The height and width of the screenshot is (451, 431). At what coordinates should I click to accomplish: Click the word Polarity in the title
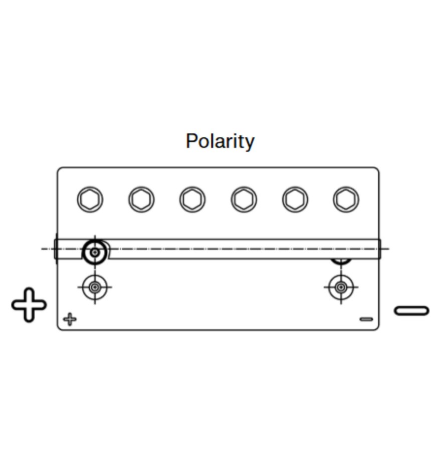click(x=220, y=141)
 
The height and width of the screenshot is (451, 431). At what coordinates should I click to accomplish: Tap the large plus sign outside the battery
click(x=29, y=305)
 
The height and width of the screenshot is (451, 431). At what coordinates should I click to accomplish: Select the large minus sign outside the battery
click(x=411, y=311)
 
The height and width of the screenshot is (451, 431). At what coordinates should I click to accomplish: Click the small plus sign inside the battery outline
click(x=70, y=319)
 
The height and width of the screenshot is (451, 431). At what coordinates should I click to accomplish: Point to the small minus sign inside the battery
click(x=366, y=319)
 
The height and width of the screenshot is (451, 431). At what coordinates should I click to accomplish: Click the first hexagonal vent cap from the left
click(x=90, y=199)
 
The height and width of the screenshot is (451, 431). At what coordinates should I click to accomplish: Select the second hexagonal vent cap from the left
click(x=141, y=199)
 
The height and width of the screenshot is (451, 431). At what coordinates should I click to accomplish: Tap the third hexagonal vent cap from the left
click(x=192, y=199)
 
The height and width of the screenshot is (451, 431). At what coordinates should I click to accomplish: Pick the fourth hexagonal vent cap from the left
click(x=244, y=199)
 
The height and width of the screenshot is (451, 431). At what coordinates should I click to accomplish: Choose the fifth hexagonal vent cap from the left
click(x=295, y=199)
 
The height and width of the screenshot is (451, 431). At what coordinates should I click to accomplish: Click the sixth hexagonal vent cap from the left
click(x=346, y=199)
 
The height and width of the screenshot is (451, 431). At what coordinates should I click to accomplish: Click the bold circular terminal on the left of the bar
click(x=94, y=252)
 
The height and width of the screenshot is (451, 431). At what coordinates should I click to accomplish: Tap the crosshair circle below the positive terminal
click(x=94, y=287)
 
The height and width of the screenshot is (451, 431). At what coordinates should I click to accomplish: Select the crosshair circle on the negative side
click(x=341, y=287)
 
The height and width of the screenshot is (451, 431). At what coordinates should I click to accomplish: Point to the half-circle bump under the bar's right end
click(x=341, y=261)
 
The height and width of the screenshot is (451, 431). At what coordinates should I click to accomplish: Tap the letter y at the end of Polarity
click(x=250, y=143)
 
